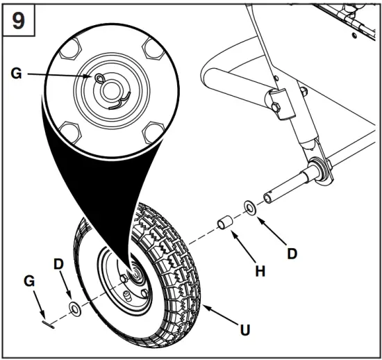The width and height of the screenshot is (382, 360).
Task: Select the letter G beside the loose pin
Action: pyautogui.click(x=29, y=280)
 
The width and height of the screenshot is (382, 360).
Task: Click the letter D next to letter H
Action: pyautogui.click(x=292, y=254)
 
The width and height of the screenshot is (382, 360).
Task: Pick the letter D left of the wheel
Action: pyautogui.click(x=59, y=265)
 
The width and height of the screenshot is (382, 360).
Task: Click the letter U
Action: pyautogui.click(x=244, y=330)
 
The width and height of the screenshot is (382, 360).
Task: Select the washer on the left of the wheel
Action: pyautogui.click(x=74, y=309)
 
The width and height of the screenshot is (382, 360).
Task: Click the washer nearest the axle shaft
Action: pyautogui.click(x=249, y=206)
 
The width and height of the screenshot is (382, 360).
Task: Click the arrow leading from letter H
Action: pyautogui.click(x=243, y=247)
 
